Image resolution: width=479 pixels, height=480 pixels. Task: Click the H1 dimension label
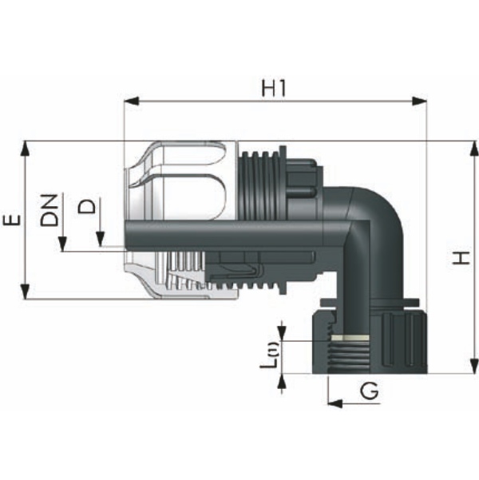[273, 88]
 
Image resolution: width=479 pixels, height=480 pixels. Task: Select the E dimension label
[12, 220]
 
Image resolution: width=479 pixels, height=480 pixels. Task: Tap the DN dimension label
[49, 210]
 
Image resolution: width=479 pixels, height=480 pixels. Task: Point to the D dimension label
[86, 206]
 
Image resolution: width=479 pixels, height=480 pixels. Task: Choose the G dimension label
[370, 391]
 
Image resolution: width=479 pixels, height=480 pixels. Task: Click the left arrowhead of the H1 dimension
[131, 101]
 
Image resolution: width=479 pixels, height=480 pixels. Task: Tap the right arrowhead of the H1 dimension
[419, 101]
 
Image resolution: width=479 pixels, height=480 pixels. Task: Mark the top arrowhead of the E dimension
[26, 149]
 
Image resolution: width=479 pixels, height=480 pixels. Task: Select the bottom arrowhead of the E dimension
[26, 292]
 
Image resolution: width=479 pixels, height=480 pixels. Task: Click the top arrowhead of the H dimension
[474, 149]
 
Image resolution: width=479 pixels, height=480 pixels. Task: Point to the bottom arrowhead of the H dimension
[474, 366]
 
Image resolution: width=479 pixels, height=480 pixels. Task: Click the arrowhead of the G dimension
[335, 403]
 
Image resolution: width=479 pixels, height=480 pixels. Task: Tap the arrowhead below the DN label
[63, 244]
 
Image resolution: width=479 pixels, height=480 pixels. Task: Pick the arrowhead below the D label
[101, 240]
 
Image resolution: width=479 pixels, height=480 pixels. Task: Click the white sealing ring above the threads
[350, 338]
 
